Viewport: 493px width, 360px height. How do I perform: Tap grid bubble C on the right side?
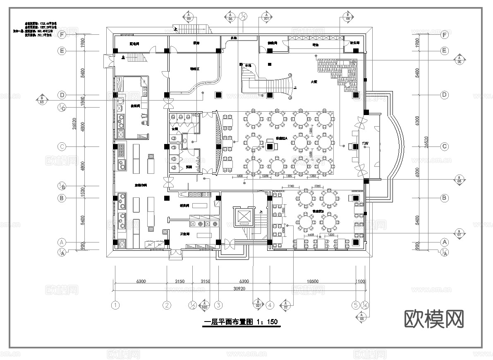tap(445, 146)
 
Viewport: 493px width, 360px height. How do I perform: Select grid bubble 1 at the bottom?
tap(115, 305)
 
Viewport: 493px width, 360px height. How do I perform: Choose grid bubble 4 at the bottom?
tap(270, 305)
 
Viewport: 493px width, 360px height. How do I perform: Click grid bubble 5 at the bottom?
tap(355, 305)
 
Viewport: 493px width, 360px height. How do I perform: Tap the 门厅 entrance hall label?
tap(366, 143)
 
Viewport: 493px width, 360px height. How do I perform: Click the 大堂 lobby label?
tap(314, 82)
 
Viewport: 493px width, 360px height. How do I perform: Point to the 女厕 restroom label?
tap(175, 129)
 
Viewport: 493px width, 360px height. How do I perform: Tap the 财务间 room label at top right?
tap(355, 43)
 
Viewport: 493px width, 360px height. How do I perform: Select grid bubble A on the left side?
tap(62, 242)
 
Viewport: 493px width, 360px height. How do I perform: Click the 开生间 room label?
tap(184, 234)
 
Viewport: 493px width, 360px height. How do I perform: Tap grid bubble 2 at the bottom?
tap(167, 305)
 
